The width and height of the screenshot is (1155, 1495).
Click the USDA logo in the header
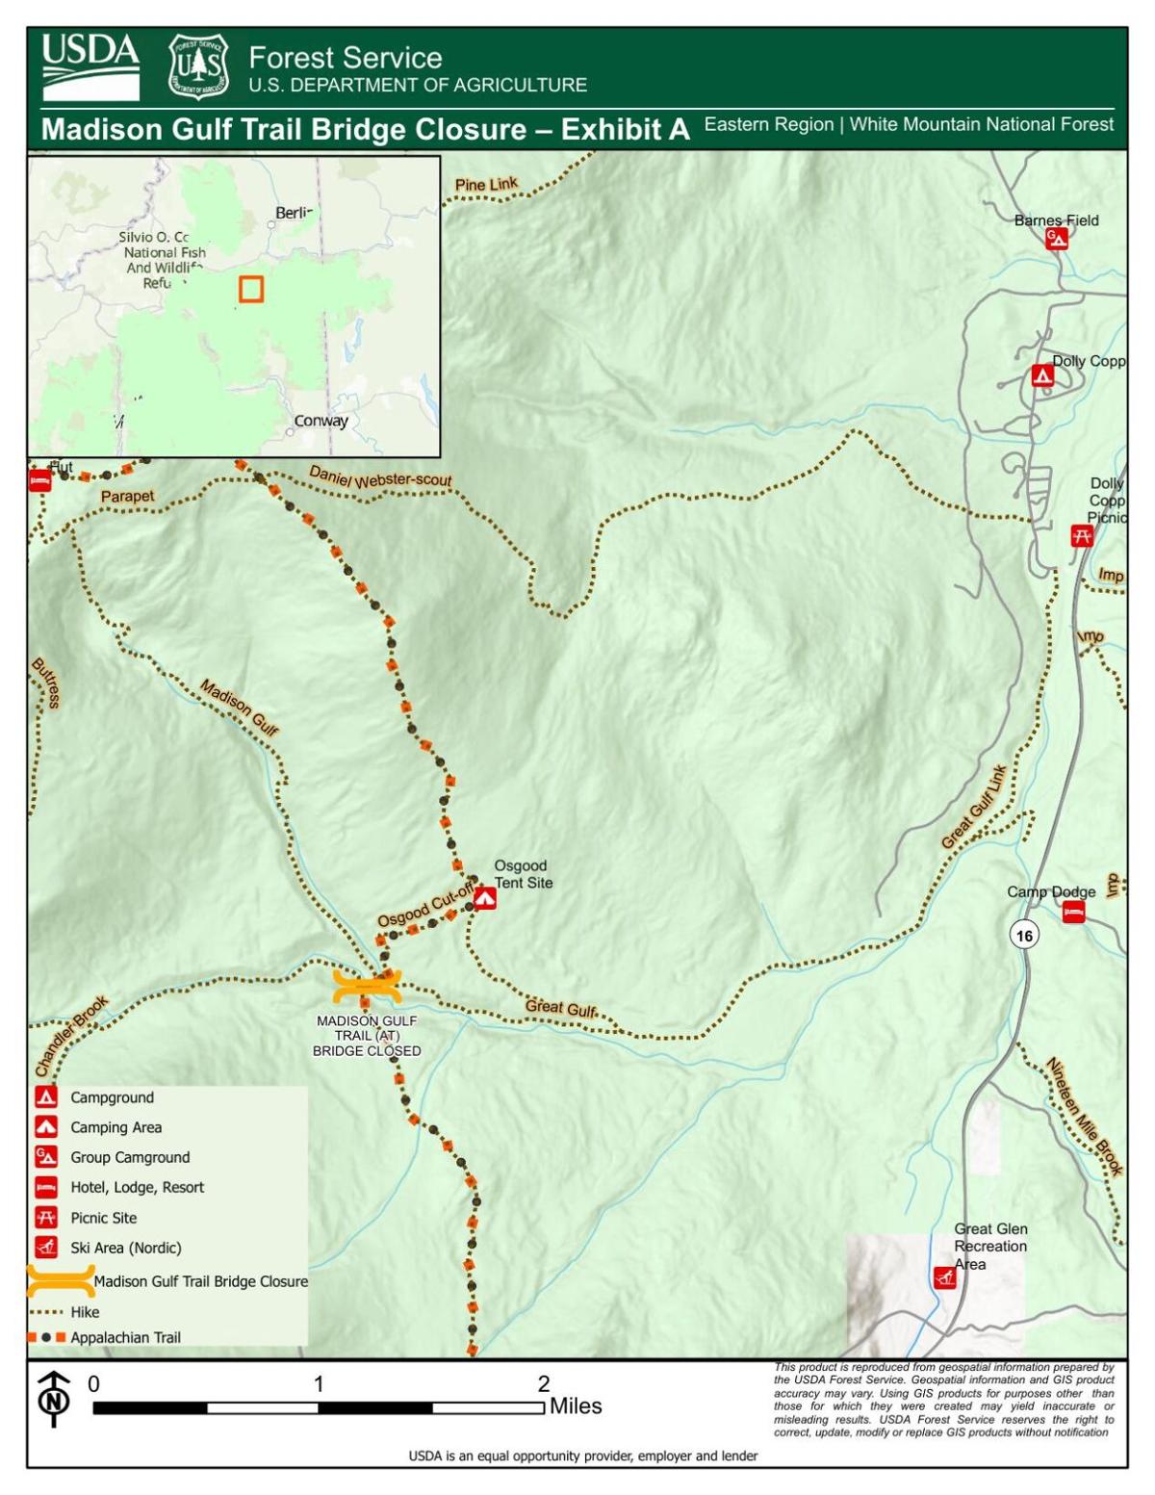click(x=90, y=67)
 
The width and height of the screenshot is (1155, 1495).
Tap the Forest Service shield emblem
click(x=198, y=67)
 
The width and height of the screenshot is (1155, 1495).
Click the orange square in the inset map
click(x=251, y=289)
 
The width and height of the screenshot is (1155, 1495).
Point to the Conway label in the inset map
click(x=321, y=421)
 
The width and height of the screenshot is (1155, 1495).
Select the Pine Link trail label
click(x=486, y=185)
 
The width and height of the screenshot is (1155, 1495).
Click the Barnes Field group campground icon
click(x=1057, y=239)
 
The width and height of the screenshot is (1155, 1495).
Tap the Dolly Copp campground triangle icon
click(x=1042, y=375)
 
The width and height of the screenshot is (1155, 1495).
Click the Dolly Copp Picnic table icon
click(x=1082, y=536)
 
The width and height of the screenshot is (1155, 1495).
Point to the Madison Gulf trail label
click(x=239, y=708)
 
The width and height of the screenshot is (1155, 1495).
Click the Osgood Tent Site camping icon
click(x=484, y=898)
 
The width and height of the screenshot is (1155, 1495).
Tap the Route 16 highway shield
click(x=1024, y=935)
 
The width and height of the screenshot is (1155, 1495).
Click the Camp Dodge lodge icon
click(x=1073, y=912)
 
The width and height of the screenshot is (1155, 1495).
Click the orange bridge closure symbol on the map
click(x=367, y=987)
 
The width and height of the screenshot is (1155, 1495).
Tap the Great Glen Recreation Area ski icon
click(x=945, y=1277)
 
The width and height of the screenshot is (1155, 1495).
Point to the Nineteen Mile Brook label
click(x=1085, y=1117)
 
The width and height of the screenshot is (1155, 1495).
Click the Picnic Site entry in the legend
click(x=103, y=1218)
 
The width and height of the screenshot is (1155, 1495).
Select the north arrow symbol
click(x=54, y=1399)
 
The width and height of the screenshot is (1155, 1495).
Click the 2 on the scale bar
click(x=544, y=1384)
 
